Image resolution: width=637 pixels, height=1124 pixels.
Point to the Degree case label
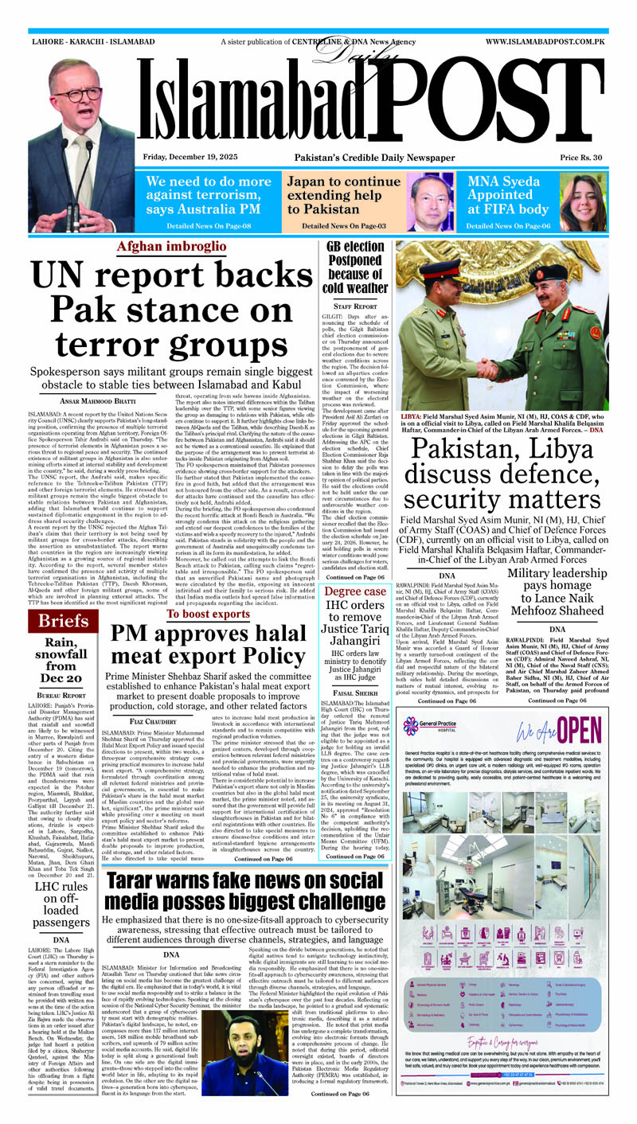(x=355, y=592)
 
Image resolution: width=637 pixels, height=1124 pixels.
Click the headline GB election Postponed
(x=355, y=267)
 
